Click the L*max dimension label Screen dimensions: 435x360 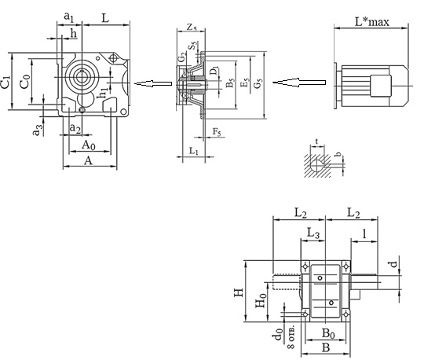372,22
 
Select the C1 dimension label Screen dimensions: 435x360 5,82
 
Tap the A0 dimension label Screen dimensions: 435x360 89,145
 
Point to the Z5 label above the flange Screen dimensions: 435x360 192,28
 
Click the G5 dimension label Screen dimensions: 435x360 258,83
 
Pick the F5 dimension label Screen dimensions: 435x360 217,132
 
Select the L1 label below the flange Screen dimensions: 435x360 194,151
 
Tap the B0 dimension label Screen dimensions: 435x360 328,333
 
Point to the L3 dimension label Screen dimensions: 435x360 313,233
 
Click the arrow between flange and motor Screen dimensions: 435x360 299,83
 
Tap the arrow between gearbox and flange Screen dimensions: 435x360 153,83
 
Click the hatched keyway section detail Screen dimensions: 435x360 317,166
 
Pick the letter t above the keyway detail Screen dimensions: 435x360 316,141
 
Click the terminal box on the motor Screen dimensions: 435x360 381,86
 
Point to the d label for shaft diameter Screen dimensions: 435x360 393,263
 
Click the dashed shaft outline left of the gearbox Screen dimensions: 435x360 287,282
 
